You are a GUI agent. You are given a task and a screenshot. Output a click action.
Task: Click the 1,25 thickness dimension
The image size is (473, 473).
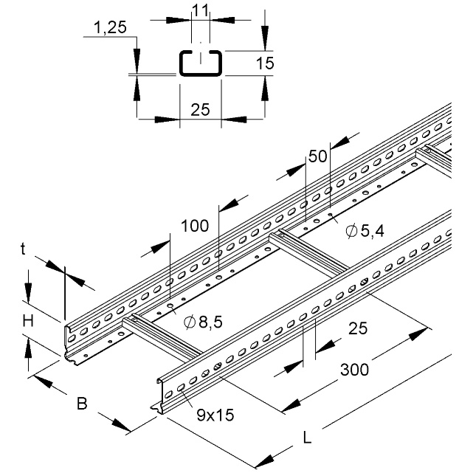click(110, 28)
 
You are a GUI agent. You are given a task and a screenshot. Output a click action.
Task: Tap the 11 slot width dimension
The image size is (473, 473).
click(200, 10)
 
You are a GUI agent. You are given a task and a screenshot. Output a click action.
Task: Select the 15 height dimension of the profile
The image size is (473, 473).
click(265, 63)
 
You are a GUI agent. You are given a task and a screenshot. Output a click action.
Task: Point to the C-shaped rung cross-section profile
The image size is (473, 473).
click(201, 63)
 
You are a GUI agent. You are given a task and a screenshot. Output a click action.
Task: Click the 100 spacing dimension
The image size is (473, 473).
click(195, 226)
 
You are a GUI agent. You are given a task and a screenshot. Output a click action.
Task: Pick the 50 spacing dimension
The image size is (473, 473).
click(317, 156)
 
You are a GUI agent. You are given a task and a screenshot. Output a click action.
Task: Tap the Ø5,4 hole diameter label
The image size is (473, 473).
click(365, 231)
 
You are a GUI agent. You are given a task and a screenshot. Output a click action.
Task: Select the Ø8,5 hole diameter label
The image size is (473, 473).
click(204, 322)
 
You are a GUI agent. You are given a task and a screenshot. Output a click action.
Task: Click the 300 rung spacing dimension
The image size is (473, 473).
click(354, 370)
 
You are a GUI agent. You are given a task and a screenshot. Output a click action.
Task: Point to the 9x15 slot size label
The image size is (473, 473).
click(215, 415)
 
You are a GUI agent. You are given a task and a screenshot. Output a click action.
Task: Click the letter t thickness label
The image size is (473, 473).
click(23, 249)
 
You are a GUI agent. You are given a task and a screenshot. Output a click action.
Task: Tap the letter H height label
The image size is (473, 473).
click(28, 321)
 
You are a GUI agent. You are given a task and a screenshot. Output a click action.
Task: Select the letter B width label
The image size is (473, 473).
click(82, 404)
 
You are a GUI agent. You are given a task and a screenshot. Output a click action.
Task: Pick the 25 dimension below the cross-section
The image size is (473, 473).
click(200, 109)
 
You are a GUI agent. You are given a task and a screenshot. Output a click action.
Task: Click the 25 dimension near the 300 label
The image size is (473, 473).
click(358, 328)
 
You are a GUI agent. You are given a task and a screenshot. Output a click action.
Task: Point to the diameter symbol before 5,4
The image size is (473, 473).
click(351, 232)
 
